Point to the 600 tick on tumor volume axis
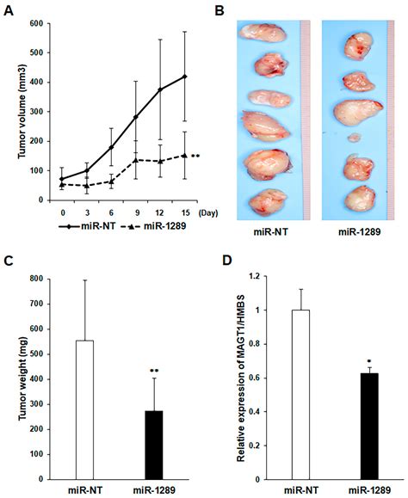(x=37, y=24)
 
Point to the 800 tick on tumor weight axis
(x=37, y=279)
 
